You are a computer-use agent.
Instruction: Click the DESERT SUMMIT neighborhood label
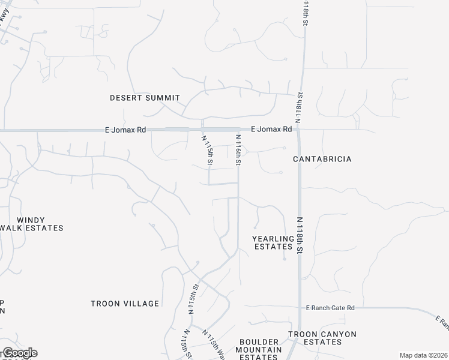[145, 98]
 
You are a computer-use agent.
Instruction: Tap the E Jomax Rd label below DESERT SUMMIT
[125, 130]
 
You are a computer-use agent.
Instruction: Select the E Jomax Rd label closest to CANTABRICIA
[271, 129]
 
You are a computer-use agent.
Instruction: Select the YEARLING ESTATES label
[273, 242]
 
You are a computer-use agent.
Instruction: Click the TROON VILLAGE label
[125, 304]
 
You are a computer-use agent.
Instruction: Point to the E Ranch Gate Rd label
[330, 308]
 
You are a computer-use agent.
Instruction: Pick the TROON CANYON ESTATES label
[322, 338]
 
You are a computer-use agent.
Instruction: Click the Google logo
[19, 353]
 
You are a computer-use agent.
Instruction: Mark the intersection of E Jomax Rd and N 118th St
[298, 130]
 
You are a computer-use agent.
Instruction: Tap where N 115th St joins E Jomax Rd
[202, 130]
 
